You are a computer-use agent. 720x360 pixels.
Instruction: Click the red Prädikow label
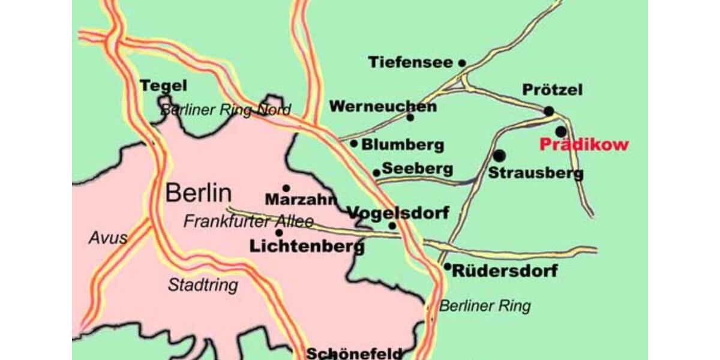coord(584,145)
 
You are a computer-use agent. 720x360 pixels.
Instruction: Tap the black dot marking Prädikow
coord(560,131)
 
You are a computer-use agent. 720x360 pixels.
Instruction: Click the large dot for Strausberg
coord(499,156)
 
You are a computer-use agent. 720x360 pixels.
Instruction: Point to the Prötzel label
coord(552,91)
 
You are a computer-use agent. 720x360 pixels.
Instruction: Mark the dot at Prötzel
coord(548,111)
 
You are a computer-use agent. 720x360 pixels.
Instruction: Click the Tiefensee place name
coord(411,62)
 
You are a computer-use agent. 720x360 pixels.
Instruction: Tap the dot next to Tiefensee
coord(462,62)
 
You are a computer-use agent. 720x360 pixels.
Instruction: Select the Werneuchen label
coord(383,107)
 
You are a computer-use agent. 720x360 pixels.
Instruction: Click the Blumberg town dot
coord(354,143)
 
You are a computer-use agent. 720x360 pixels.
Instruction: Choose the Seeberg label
coord(417,169)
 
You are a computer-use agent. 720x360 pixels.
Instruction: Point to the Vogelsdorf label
coord(398,212)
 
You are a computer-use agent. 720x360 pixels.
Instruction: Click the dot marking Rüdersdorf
coord(447,266)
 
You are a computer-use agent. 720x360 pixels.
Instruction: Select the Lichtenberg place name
coord(307,245)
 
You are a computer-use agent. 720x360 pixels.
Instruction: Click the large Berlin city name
coord(198,193)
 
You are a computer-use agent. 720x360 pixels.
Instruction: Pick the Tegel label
coord(163,86)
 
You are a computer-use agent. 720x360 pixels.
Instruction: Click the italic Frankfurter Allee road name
coord(248,221)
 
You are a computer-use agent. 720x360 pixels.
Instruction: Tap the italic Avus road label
coord(108,238)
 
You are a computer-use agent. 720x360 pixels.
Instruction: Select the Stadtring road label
coord(203,285)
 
